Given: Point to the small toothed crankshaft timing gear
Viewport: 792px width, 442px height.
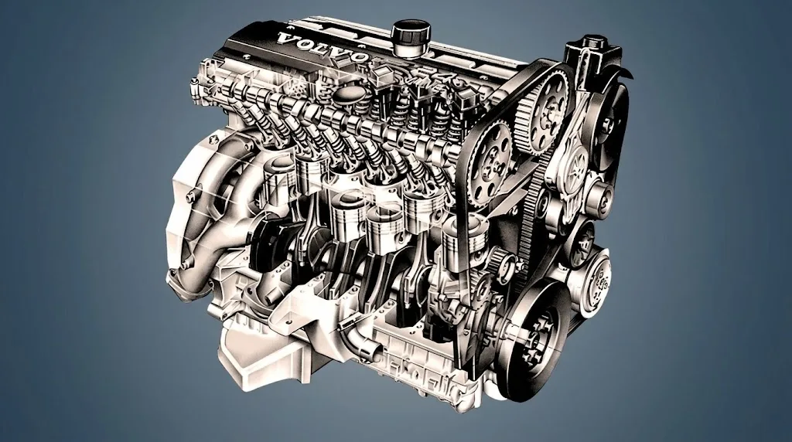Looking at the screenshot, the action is [502, 264].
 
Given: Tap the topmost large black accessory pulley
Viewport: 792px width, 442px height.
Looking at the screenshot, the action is [609, 126].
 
